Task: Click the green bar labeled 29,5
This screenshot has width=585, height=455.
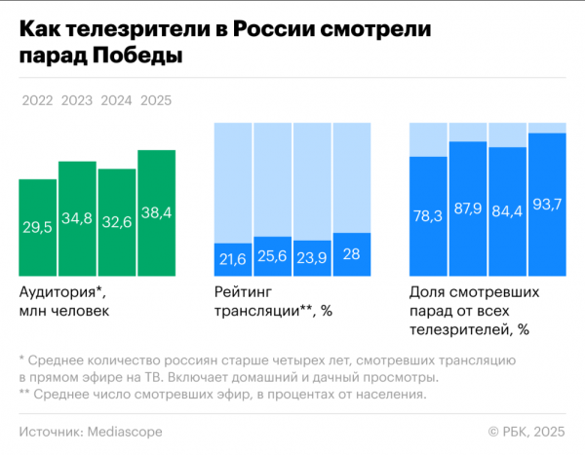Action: click(37, 226)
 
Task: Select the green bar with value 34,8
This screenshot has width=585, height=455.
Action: click(77, 217)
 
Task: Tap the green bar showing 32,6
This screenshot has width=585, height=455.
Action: click(117, 221)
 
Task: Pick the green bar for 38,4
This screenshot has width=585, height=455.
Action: click(157, 211)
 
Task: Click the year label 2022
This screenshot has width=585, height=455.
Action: click(37, 100)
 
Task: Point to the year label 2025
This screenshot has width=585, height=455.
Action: click(157, 100)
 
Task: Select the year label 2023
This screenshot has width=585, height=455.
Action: click(77, 100)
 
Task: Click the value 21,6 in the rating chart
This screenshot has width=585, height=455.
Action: click(232, 258)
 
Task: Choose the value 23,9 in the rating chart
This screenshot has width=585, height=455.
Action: click(312, 258)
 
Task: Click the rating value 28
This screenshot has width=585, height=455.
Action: click(352, 254)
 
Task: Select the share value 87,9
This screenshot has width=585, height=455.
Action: click(468, 207)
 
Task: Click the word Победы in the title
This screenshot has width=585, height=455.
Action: click(136, 57)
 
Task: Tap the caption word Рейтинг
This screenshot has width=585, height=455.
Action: click(240, 291)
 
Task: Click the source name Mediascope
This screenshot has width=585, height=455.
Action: click(125, 431)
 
